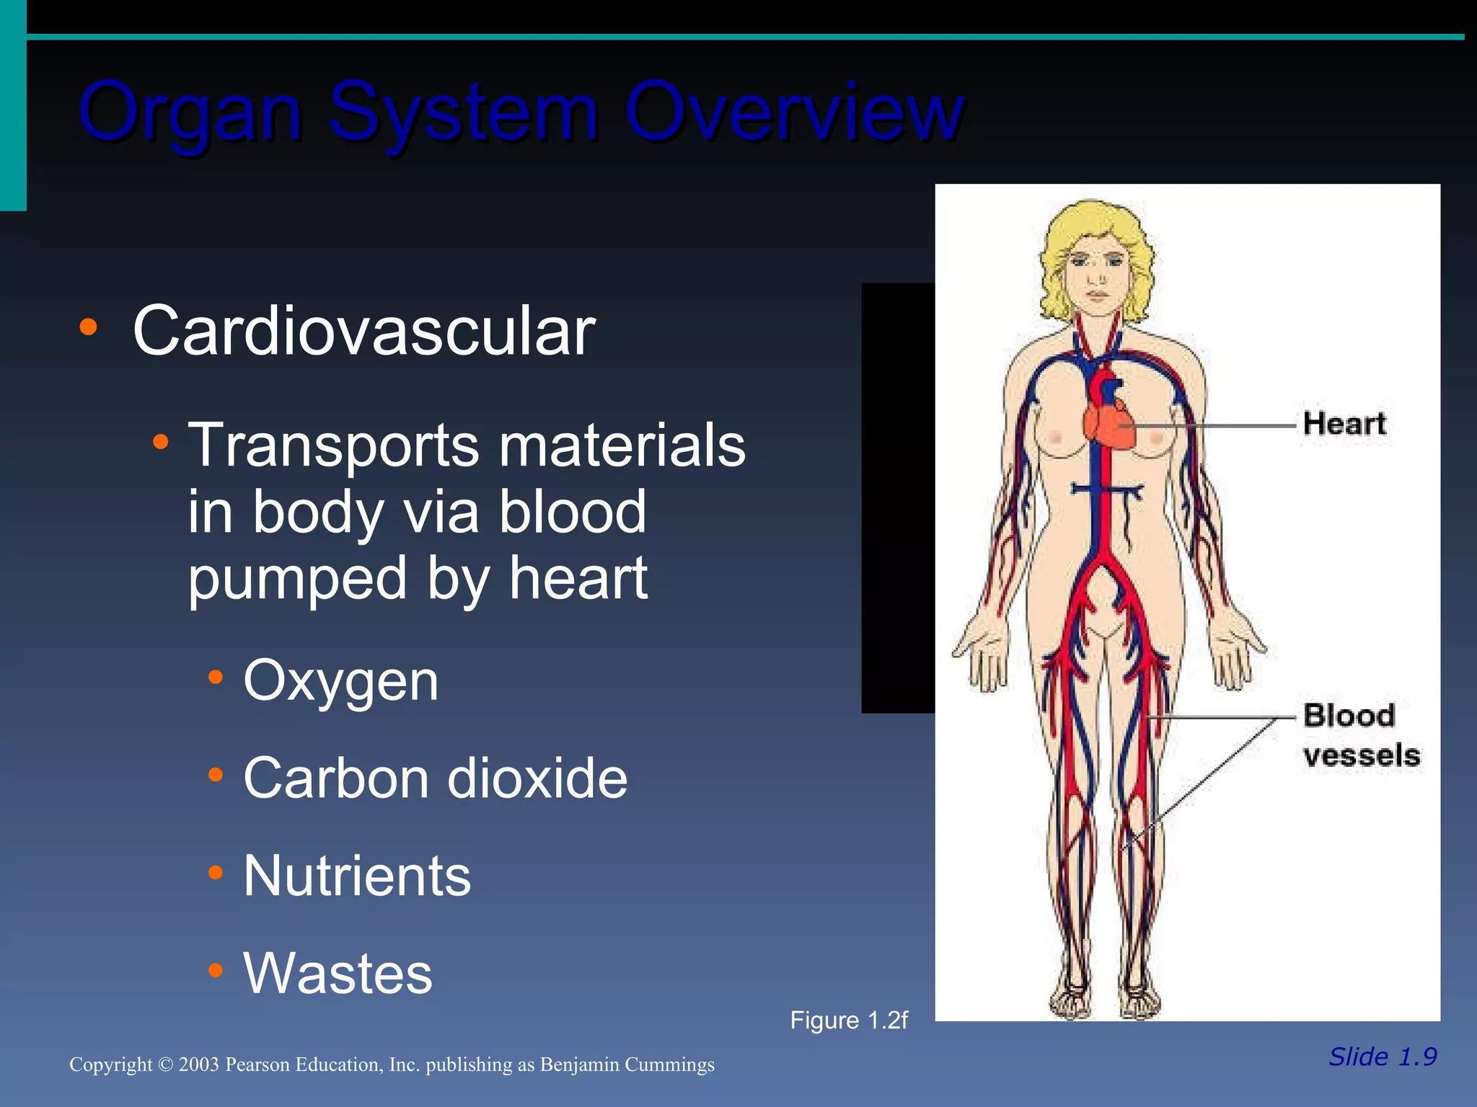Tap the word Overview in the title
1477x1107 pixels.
click(793, 112)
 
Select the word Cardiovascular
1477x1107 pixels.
click(364, 331)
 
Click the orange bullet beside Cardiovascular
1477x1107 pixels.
click(88, 328)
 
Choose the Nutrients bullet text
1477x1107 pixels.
click(357, 876)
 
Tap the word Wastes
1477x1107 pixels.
click(338, 973)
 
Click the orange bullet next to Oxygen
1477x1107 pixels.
click(215, 677)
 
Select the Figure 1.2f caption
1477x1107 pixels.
click(849, 1021)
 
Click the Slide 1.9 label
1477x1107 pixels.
click(1383, 1057)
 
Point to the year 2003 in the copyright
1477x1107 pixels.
click(198, 1064)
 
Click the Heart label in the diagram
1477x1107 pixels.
click(1344, 424)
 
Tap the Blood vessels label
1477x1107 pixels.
click(1360, 735)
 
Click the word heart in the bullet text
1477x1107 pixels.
click(578, 578)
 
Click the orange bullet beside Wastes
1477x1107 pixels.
click(215, 970)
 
